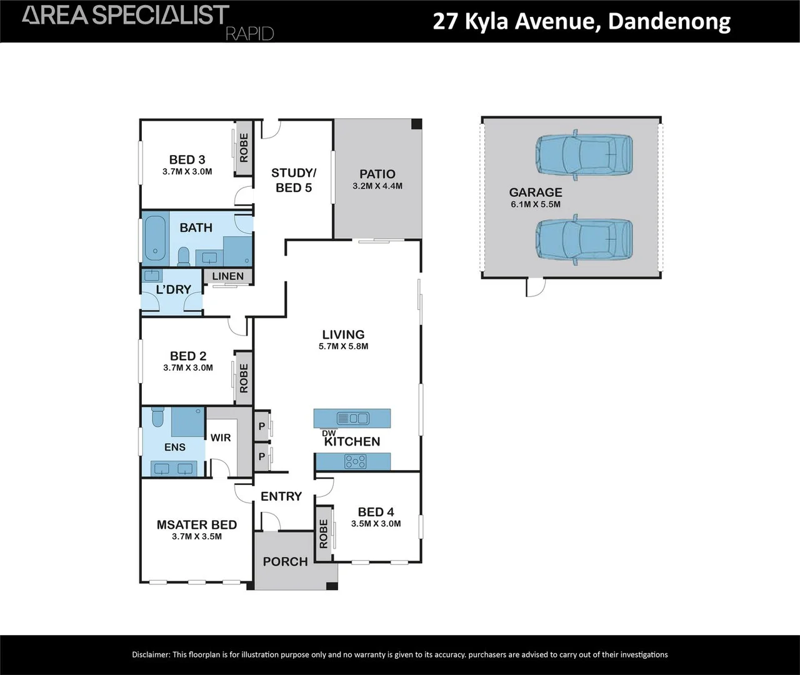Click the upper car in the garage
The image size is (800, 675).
click(x=584, y=154)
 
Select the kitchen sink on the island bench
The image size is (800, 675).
click(x=352, y=417)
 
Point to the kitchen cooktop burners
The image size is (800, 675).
click(x=356, y=462)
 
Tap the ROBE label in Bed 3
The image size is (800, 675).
click(x=244, y=148)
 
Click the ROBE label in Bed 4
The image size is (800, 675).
click(x=323, y=534)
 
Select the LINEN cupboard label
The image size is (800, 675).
click(x=227, y=276)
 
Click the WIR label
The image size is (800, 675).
click(x=221, y=437)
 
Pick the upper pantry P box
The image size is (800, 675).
click(x=262, y=426)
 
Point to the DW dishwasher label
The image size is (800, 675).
click(x=329, y=433)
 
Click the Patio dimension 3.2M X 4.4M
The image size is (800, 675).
click(x=377, y=186)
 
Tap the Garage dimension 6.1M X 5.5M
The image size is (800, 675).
click(x=536, y=204)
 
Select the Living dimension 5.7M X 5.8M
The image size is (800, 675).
click(x=343, y=346)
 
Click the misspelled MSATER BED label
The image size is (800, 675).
click(x=197, y=525)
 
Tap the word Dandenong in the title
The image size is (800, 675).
click(x=669, y=21)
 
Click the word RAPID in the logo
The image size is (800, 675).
click(x=249, y=33)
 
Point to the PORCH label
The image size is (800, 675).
click(x=285, y=561)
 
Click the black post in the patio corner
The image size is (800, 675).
click(x=416, y=124)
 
